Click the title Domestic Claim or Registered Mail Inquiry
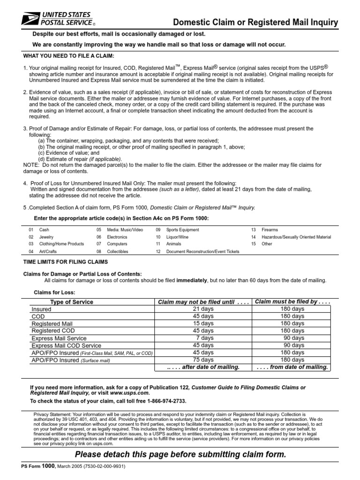click(255, 22)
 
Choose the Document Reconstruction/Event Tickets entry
click(197, 252)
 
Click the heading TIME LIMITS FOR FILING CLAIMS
click(66, 262)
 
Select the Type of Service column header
click(72, 302)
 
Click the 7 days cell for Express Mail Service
click(204, 338)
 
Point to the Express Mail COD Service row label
click(66, 345)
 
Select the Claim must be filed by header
click(292, 302)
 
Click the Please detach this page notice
click(180, 455)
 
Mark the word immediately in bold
click(191, 280)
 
